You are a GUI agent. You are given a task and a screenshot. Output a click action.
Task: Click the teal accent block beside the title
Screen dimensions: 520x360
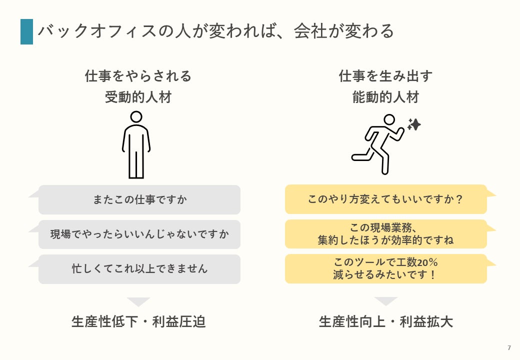pyautogui.click(x=26, y=31)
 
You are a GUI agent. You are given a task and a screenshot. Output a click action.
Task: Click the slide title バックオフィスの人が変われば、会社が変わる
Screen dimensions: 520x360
pyautogui.click(x=216, y=31)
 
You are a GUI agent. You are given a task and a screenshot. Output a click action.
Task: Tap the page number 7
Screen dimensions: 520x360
pyautogui.click(x=509, y=347)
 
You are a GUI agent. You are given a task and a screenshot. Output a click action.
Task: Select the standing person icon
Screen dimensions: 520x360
pyautogui.click(x=136, y=145)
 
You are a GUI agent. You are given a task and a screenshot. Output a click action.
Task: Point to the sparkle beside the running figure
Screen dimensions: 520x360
pyautogui.click(x=414, y=124)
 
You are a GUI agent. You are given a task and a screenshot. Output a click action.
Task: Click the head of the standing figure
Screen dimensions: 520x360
pyautogui.click(x=136, y=117)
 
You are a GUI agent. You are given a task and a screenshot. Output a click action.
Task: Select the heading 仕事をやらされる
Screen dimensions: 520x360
pyautogui.click(x=138, y=76)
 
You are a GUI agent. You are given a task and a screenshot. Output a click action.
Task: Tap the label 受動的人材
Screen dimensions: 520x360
pyautogui.click(x=138, y=97)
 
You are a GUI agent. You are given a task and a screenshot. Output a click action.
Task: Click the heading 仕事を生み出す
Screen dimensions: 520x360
pyautogui.click(x=385, y=76)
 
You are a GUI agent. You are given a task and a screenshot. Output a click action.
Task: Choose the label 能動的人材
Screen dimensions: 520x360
pyautogui.click(x=385, y=97)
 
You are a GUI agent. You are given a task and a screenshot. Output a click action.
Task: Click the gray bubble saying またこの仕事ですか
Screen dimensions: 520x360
pyautogui.click(x=139, y=200)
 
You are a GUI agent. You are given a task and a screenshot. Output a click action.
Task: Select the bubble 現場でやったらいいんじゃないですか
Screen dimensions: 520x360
pyautogui.click(x=139, y=234)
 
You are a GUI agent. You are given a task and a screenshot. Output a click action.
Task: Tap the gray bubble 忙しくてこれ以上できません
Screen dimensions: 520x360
pyautogui.click(x=139, y=269)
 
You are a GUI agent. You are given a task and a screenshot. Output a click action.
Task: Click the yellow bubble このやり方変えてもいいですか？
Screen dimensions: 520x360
pyautogui.click(x=385, y=199)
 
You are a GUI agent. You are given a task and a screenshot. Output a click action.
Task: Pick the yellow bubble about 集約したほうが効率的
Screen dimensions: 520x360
pyautogui.click(x=385, y=234)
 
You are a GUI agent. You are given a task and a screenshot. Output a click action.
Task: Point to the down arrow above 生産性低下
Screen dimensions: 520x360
pyautogui.click(x=138, y=301)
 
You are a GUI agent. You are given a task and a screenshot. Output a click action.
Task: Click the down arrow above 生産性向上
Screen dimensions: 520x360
pyautogui.click(x=385, y=301)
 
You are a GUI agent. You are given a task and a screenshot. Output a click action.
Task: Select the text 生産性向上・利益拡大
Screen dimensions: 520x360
pyautogui.click(x=385, y=322)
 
